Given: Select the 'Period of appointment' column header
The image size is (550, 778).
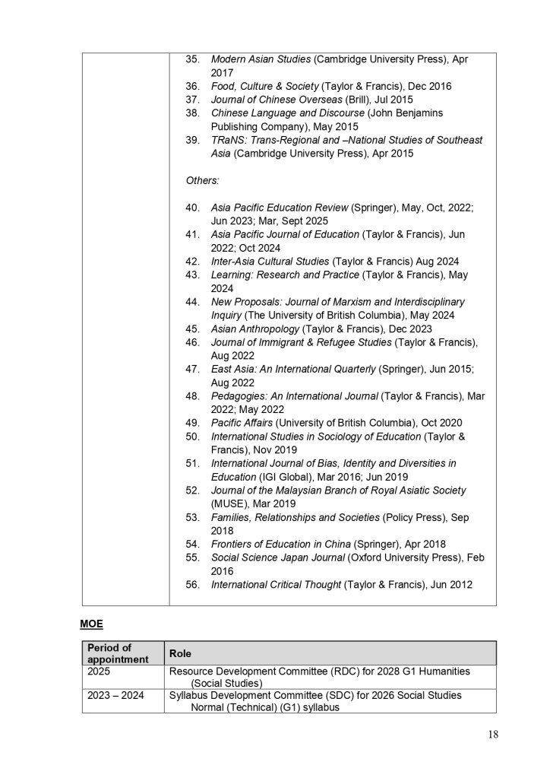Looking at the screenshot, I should click(117, 653).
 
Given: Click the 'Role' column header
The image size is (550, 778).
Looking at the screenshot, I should click(180, 653).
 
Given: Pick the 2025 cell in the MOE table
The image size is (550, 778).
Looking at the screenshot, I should click(99, 672).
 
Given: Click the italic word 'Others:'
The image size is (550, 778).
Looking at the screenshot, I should click(203, 180).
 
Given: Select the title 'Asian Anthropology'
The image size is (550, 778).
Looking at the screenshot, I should click(254, 329).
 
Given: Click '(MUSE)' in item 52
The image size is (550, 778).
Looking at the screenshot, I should click(231, 503).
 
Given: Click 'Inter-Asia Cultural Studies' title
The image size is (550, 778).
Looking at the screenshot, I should click(269, 261).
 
